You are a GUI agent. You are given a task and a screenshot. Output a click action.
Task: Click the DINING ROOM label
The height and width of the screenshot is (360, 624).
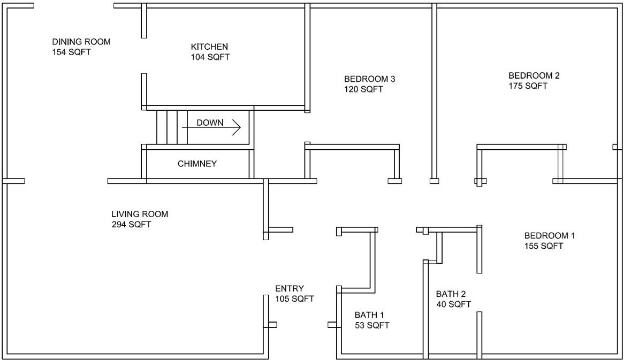tap(81, 42)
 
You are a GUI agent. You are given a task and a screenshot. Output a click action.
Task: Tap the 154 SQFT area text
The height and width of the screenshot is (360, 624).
tap(71, 52)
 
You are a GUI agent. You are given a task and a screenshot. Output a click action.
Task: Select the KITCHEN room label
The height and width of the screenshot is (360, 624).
tap(209, 47)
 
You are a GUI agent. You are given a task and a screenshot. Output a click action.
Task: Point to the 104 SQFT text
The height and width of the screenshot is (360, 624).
tap(210, 57)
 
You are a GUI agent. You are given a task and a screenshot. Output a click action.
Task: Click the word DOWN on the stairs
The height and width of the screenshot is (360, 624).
tap(210, 122)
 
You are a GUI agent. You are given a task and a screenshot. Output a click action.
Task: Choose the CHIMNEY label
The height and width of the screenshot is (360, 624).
tap(197, 164)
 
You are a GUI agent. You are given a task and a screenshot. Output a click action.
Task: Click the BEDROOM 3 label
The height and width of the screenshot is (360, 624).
tap(370, 79)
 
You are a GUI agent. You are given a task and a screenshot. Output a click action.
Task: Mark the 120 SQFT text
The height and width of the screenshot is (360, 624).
tap(364, 89)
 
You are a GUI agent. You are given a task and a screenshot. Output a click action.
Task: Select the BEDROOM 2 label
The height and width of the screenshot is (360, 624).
tap(534, 75)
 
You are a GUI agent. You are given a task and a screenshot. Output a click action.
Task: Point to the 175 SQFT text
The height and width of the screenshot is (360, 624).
tap(528, 86)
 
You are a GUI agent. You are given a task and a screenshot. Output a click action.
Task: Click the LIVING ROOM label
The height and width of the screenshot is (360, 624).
tap(140, 214)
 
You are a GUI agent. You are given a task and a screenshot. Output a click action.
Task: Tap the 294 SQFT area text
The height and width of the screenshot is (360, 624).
tap(131, 224)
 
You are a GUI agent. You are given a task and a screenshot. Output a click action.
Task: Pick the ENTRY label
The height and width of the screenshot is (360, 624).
tap(290, 288)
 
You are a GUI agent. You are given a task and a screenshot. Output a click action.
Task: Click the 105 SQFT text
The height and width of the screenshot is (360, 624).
tap(294, 298)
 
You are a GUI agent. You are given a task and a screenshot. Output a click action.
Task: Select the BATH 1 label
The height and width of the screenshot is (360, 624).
tap(370, 315)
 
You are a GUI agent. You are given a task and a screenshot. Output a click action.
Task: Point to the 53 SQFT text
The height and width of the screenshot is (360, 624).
tap(372, 325)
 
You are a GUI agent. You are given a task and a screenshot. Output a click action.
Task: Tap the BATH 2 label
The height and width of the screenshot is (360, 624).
tap(451, 294)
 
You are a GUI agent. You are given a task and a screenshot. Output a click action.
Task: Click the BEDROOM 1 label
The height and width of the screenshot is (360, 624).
tap(550, 235)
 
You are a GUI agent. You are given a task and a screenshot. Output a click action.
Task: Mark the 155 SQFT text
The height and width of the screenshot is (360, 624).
tap(544, 246)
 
